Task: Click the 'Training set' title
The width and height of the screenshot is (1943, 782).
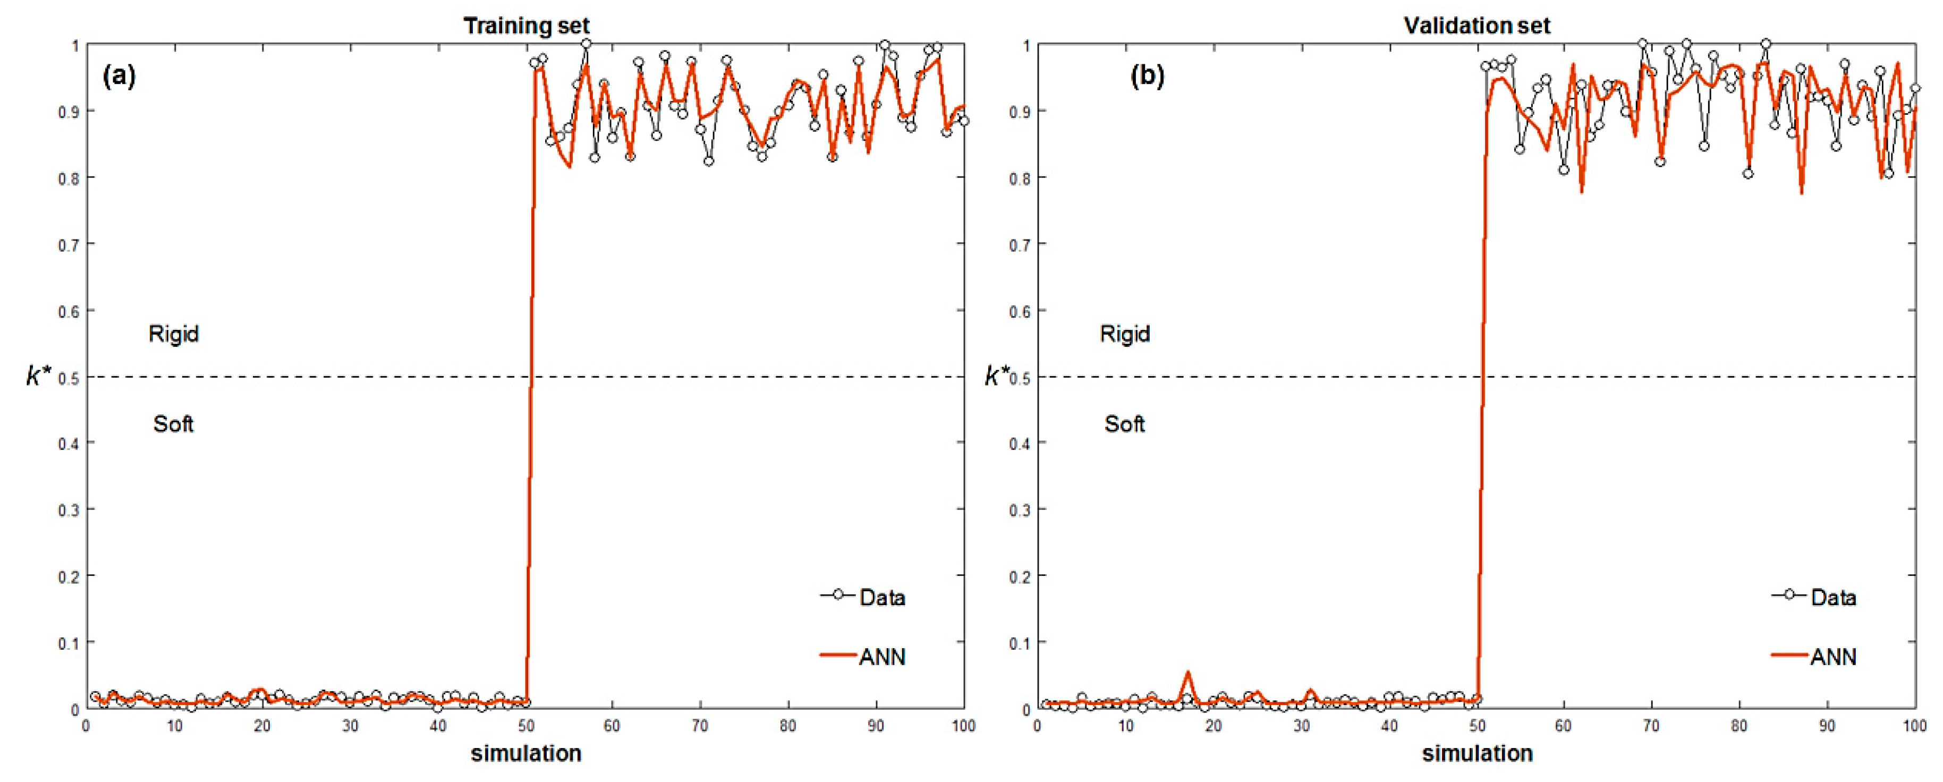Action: [527, 25]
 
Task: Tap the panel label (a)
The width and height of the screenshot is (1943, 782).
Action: [119, 76]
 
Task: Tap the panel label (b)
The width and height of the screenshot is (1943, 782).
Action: [1147, 76]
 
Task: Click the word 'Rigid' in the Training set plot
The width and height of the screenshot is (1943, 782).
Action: [174, 334]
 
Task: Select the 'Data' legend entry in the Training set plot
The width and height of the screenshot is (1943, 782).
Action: [881, 597]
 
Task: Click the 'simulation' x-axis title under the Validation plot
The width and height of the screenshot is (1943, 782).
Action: [1477, 753]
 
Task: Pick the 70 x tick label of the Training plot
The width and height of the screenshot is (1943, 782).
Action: [700, 726]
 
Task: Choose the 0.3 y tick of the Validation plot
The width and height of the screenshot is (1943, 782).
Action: [1020, 510]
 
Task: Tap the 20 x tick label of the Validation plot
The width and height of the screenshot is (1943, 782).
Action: [1213, 726]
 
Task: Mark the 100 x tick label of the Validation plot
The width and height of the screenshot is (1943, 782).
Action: [1914, 726]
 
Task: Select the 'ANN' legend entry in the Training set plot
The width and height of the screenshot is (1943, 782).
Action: [881, 657]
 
